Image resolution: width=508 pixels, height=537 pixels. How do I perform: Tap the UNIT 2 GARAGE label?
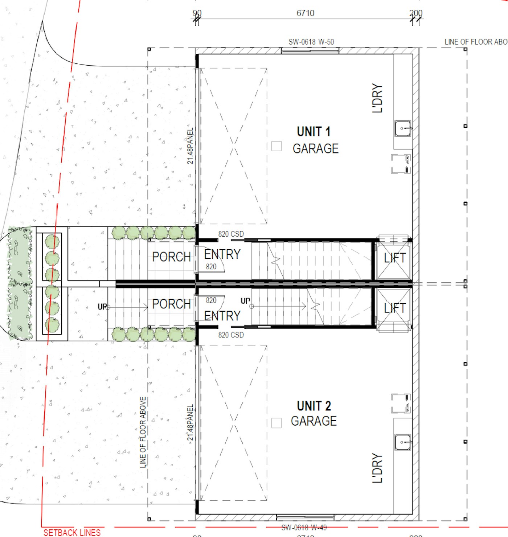(314, 413)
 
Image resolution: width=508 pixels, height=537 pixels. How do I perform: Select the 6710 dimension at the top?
(305, 13)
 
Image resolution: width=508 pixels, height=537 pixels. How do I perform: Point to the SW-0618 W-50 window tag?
(311, 42)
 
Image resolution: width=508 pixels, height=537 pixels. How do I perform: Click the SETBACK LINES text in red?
(72, 532)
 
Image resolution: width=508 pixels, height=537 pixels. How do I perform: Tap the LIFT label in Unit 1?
(394, 258)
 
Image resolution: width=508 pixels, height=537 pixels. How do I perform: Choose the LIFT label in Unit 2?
(394, 308)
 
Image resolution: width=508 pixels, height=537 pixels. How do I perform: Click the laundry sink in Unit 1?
(403, 128)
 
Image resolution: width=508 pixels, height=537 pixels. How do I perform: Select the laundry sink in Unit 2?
(403, 442)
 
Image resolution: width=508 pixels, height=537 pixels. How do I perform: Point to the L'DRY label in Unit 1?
(377, 98)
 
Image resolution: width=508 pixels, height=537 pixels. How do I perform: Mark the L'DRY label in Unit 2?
(377, 468)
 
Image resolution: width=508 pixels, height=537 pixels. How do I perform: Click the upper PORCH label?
(171, 257)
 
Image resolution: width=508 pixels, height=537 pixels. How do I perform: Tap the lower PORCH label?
(171, 304)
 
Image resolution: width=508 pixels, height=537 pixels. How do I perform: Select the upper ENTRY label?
(222, 254)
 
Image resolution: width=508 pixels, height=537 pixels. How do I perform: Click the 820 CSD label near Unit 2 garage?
(231, 335)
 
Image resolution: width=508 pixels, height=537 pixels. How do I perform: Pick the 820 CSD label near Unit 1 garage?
(231, 234)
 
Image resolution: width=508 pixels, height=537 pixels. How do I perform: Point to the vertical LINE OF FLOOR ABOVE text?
(143, 432)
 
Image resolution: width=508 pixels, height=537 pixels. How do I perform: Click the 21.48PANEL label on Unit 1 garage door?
(190, 145)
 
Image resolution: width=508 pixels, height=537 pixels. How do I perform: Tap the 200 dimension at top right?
(416, 13)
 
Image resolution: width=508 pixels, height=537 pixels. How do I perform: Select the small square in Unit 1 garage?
(276, 146)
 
